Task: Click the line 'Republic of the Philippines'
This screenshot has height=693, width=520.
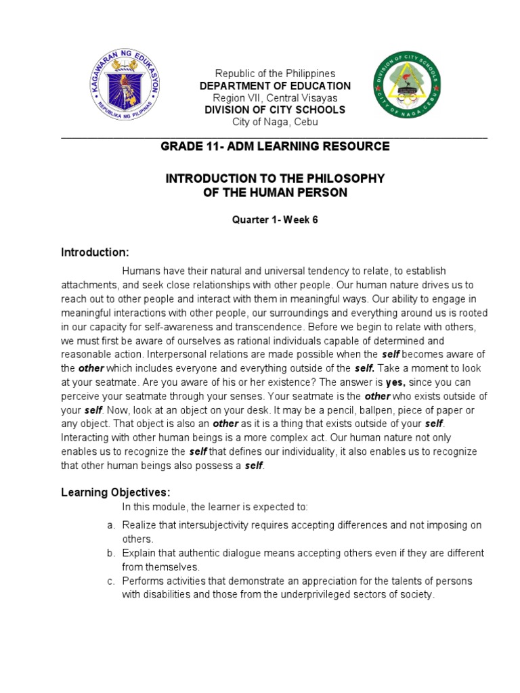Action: pos(274,73)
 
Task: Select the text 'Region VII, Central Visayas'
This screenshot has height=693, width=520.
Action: pos(274,97)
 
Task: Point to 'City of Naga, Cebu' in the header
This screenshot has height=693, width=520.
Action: pos(274,122)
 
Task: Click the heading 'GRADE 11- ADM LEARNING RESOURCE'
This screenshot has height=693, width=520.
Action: pos(274,146)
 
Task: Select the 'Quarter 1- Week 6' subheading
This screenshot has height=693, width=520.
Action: pos(274,221)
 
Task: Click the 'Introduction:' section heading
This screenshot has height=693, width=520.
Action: pos(95,252)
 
